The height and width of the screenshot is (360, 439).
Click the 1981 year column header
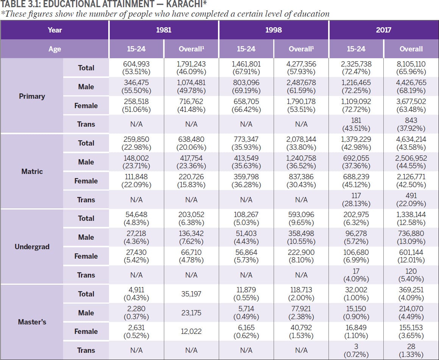[164, 30]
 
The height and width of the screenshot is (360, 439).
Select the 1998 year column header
[274, 30]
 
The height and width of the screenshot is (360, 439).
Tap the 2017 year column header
[383, 30]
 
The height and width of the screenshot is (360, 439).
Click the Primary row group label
[32, 96]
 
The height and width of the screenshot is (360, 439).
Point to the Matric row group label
[32, 171]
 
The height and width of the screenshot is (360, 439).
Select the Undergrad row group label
[32, 247]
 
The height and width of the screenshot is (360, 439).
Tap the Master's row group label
[32, 322]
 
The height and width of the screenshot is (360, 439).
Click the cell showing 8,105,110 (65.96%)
[411, 68]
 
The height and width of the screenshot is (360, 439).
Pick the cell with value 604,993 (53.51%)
[136, 68]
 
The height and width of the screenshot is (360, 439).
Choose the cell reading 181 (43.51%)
[356, 124]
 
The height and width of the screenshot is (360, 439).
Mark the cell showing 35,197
[191, 294]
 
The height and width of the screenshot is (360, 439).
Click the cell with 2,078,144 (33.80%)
[301, 143]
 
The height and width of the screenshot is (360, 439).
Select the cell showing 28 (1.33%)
[411, 350]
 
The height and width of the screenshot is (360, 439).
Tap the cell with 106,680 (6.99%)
[356, 256]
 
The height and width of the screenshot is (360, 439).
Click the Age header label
[54, 49]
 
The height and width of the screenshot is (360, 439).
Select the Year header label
[54, 30]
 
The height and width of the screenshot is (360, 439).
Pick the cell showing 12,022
[191, 331]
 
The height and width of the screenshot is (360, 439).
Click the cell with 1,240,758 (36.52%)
[301, 162]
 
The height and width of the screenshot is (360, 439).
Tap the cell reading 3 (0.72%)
[356, 350]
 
